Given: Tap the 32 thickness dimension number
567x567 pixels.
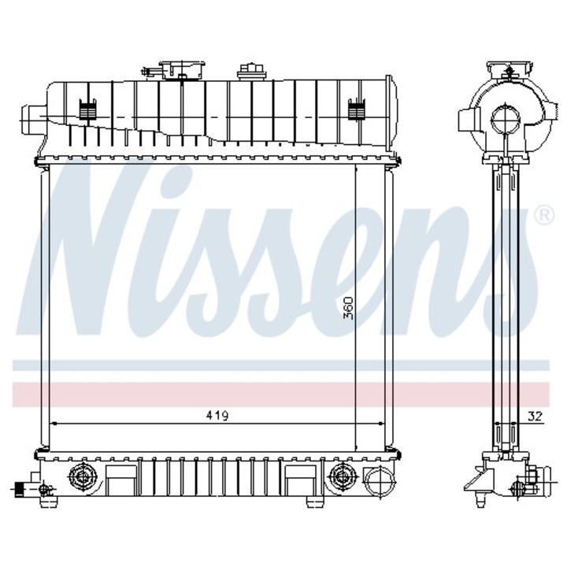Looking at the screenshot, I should click(x=536, y=416).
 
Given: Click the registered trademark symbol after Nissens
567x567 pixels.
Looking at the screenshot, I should click(x=543, y=213).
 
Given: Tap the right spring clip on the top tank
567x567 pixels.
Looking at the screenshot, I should click(x=355, y=109).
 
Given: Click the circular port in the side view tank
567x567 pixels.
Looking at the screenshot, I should click(x=504, y=120).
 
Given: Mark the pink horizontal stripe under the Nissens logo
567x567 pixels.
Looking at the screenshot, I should click(x=283, y=392).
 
